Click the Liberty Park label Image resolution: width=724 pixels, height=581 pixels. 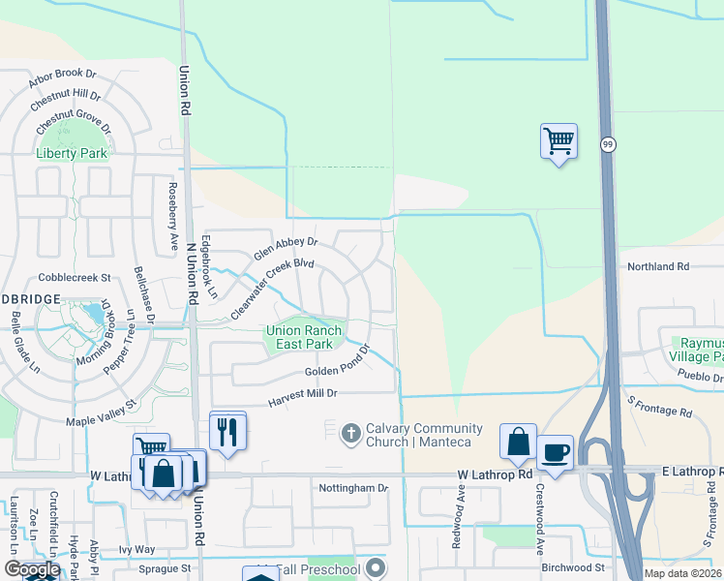(x=71, y=153)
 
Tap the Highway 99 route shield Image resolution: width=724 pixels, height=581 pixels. (x=608, y=144)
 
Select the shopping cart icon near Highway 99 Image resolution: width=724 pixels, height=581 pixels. (x=558, y=141)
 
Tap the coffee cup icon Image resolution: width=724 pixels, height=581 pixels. (x=555, y=452)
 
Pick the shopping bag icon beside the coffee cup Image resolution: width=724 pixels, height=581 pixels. (x=519, y=441)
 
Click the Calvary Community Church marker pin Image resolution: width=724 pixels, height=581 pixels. (x=351, y=429)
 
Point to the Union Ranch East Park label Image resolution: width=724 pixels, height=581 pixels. (x=304, y=337)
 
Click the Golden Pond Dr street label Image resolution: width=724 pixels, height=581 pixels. (x=338, y=372)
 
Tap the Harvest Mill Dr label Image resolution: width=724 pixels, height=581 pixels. (x=304, y=394)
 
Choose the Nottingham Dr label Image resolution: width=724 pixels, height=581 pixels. (x=352, y=488)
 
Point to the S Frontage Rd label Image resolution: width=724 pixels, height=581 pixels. (x=660, y=407)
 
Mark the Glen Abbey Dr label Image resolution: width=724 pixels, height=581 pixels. (x=286, y=248)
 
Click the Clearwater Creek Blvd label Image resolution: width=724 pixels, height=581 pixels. (x=273, y=289)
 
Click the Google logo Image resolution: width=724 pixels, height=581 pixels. (x=30, y=569)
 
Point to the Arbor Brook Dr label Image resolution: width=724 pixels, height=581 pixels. (x=64, y=73)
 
